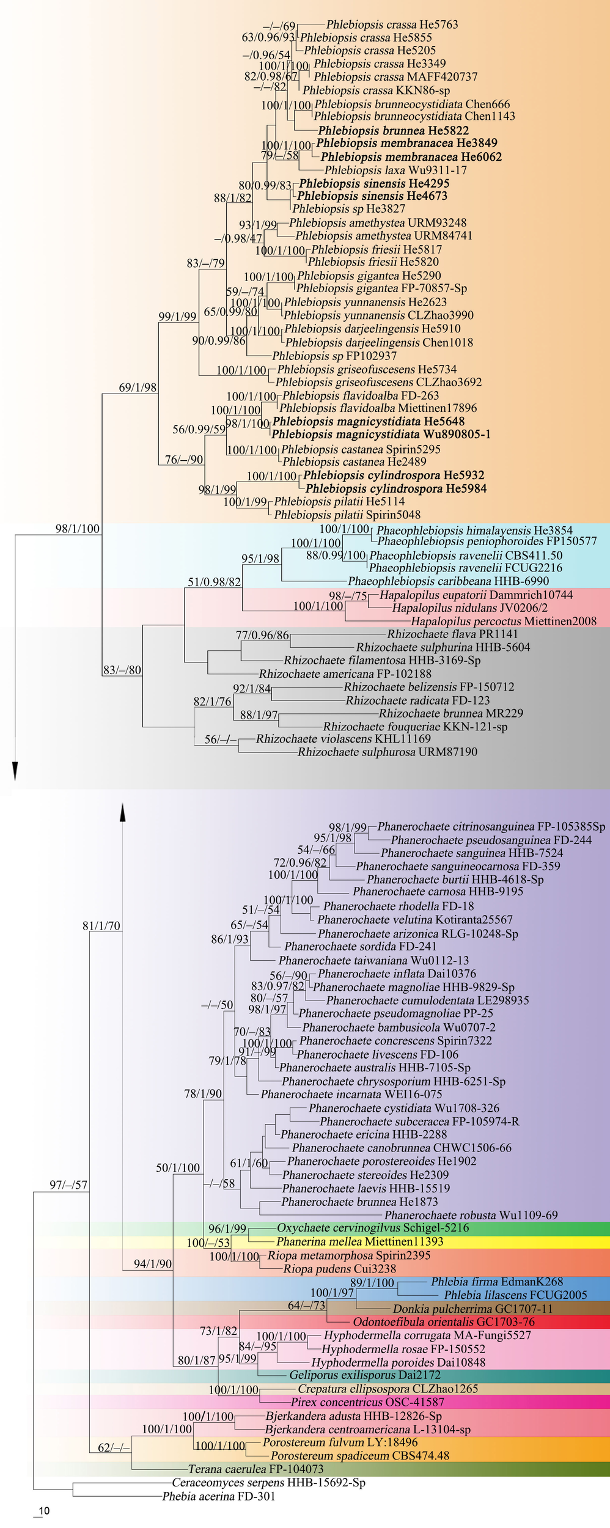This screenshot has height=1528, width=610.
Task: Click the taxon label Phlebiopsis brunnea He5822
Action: tap(393, 130)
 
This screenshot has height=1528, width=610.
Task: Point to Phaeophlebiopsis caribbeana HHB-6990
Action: tap(448, 581)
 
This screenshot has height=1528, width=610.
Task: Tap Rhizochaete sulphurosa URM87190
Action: tap(388, 752)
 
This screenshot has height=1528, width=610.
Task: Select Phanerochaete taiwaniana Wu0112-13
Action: tap(373, 960)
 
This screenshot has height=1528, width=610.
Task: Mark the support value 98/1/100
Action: tap(78, 529)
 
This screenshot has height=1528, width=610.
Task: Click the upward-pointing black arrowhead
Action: tap(123, 811)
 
